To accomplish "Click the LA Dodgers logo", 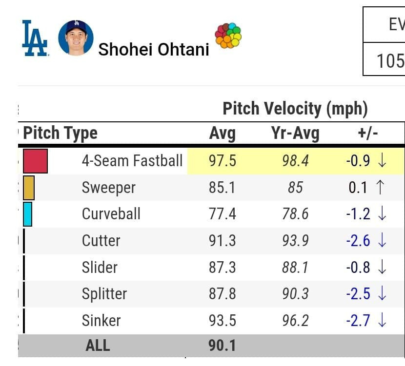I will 35,38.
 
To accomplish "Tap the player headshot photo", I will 76,38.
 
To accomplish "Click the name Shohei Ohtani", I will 154,49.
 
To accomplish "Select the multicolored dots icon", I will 228,36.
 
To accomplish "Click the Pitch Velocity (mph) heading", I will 295,108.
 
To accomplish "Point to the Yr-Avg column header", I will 295,133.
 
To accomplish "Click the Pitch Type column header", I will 61,133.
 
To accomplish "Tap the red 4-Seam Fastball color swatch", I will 35,161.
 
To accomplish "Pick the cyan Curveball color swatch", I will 28,214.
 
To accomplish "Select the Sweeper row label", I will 108,188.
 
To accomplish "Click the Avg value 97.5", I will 222,161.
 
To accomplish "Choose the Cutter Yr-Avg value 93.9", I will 295,241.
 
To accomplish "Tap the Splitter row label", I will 104,294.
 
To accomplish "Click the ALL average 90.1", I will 222,346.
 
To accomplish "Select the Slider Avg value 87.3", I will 222,268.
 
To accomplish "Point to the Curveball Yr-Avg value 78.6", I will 295,214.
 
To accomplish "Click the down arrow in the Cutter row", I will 382,241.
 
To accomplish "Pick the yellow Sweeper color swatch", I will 29,188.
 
